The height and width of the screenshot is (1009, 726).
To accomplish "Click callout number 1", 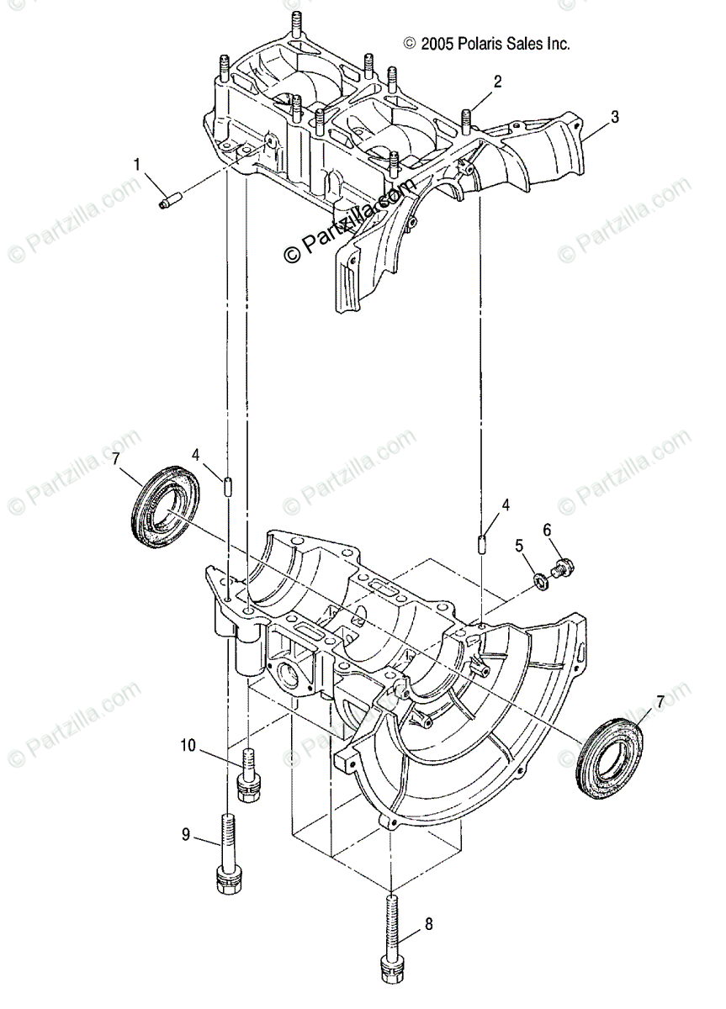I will [136, 165].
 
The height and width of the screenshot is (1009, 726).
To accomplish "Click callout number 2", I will [498, 82].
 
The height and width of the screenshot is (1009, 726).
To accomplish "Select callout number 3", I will [615, 118].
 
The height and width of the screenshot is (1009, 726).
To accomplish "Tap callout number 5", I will [519, 546].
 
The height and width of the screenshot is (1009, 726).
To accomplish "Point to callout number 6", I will [547, 530].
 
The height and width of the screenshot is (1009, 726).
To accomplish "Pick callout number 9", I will [186, 835].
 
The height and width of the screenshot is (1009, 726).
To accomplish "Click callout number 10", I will [187, 744].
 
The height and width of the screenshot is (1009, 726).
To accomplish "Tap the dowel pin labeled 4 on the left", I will [228, 487].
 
